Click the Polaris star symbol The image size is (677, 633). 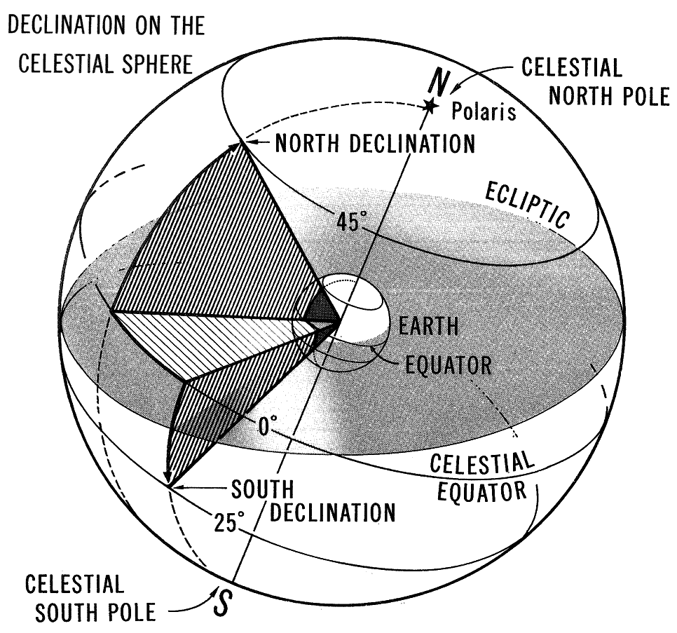pos(429,105)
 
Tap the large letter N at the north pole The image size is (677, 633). pos(439,83)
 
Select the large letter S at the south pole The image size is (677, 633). pos(222,602)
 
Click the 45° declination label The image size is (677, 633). pos(350,222)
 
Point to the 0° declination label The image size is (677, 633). pos(267,426)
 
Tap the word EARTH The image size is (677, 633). pos(428,327)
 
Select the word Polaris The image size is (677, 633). pos(484,111)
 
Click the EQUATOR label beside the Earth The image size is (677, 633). pos(448,366)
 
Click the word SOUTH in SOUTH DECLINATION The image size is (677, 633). pos(263,489)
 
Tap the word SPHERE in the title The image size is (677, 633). pos(156,64)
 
